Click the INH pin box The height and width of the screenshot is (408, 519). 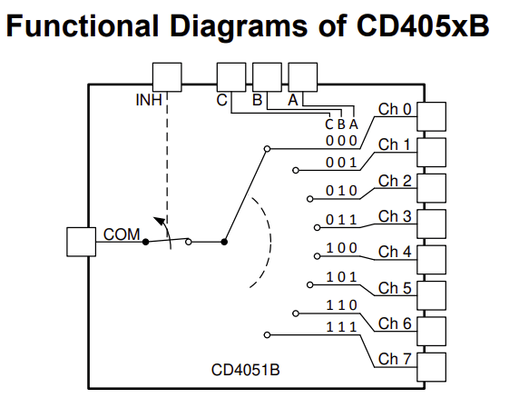click(167, 77)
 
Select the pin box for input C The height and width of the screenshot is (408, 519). click(230, 77)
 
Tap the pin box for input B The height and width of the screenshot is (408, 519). click(267, 77)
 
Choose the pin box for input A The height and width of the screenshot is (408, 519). click(302, 77)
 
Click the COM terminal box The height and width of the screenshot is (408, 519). click(82, 242)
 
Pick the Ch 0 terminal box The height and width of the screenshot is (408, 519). click(433, 115)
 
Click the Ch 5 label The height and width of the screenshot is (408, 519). click(395, 289)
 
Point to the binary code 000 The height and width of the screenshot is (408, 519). click(342, 141)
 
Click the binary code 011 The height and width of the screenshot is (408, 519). click(342, 220)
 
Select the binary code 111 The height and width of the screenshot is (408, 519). click(342, 327)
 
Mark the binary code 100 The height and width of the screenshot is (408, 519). click(342, 248)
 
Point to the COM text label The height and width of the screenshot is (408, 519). click(122, 234)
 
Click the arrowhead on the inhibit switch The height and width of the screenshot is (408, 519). click(160, 220)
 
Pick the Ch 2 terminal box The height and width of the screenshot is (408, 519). click(433, 187)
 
